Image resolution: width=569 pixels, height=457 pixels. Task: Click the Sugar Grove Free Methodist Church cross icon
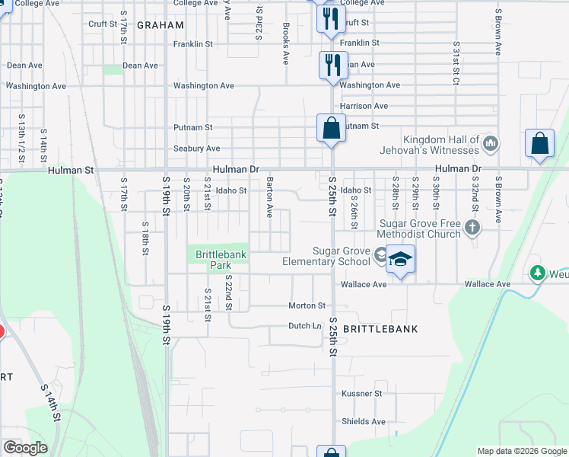[x=472, y=227]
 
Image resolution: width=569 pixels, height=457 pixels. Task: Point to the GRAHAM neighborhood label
[x=161, y=25]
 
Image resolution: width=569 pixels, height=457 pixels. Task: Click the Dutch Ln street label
[x=306, y=325]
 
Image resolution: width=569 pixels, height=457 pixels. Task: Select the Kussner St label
[x=361, y=394]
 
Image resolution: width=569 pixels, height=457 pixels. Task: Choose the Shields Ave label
[x=364, y=421]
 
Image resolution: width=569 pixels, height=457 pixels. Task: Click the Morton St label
[x=307, y=305]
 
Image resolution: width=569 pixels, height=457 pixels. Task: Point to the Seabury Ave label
[x=197, y=149]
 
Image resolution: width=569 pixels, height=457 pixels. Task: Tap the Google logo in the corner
[x=24, y=448]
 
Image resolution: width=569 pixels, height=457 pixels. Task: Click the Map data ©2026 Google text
[x=522, y=451]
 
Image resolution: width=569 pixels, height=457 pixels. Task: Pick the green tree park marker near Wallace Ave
[x=538, y=272]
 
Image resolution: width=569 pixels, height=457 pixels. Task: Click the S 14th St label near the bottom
[x=51, y=404]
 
